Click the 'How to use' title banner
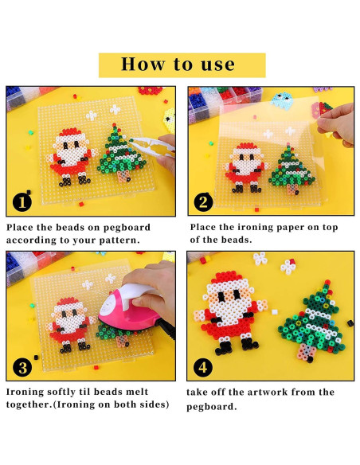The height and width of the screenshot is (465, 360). (x=182, y=65)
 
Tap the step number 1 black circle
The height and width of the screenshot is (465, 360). (x=22, y=202)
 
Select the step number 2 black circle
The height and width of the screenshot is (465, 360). (x=203, y=202)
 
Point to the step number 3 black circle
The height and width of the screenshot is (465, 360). (x=22, y=368)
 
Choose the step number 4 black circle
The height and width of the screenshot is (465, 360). (x=203, y=368)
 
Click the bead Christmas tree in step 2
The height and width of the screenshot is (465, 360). (x=292, y=170)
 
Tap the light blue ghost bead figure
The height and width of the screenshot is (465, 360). (x=282, y=100)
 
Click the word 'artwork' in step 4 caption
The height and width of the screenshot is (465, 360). (x=268, y=392)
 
